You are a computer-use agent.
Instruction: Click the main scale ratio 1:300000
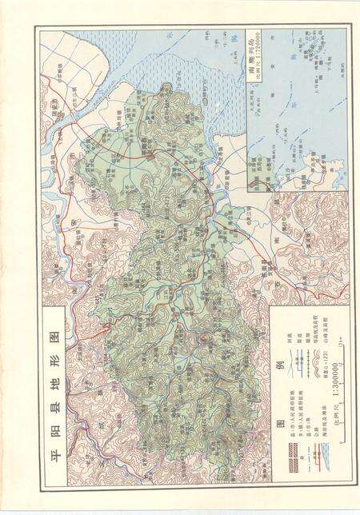click(337, 377)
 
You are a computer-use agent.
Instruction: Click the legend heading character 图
click(281, 423)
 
